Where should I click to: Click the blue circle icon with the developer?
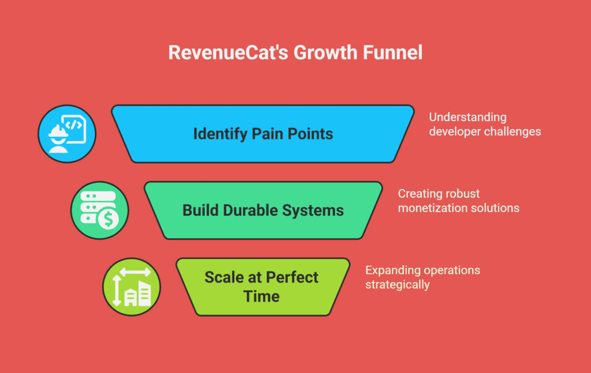(x=67, y=134)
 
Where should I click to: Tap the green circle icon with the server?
(x=100, y=210)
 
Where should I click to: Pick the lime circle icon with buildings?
(x=132, y=287)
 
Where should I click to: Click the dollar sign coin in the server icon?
(x=109, y=220)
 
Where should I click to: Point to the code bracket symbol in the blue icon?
(x=74, y=125)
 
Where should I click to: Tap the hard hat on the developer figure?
(x=58, y=132)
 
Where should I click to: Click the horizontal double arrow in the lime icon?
(x=135, y=272)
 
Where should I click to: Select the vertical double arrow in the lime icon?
(x=117, y=290)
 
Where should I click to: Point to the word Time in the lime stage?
(x=261, y=296)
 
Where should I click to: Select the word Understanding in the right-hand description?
(x=467, y=117)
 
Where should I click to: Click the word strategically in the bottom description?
(x=397, y=285)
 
